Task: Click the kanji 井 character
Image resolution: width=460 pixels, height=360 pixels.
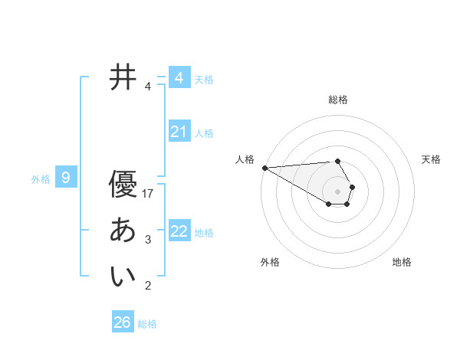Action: click(x=123, y=77)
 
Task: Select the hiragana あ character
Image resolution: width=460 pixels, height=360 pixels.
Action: click(x=123, y=231)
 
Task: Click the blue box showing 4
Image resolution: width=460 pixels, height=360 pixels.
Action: click(x=179, y=78)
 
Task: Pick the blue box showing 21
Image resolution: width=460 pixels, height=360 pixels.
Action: click(x=179, y=132)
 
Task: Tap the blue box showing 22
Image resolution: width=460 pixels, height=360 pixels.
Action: click(x=179, y=231)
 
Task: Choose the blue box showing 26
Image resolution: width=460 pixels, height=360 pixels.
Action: click(x=122, y=322)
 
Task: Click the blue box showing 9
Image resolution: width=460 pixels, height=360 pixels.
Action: click(x=66, y=178)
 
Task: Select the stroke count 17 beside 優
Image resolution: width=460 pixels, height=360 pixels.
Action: click(x=149, y=193)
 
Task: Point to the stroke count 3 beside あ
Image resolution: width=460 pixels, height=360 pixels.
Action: click(x=148, y=240)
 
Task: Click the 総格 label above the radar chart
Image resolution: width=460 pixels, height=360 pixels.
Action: click(x=338, y=100)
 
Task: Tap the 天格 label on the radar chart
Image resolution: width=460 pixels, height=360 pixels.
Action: click(x=431, y=159)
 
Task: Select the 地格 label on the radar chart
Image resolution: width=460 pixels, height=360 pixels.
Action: click(x=402, y=262)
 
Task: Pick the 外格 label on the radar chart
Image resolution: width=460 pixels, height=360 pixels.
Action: click(x=270, y=262)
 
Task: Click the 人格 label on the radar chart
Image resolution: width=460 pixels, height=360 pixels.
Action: click(x=245, y=159)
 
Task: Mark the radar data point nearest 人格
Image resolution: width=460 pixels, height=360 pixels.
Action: click(x=264, y=168)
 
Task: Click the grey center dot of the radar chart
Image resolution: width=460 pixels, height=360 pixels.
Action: click(x=338, y=191)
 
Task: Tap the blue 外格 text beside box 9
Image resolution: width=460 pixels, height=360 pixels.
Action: click(x=41, y=179)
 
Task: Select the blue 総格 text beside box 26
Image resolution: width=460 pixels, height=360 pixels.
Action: click(x=147, y=324)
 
